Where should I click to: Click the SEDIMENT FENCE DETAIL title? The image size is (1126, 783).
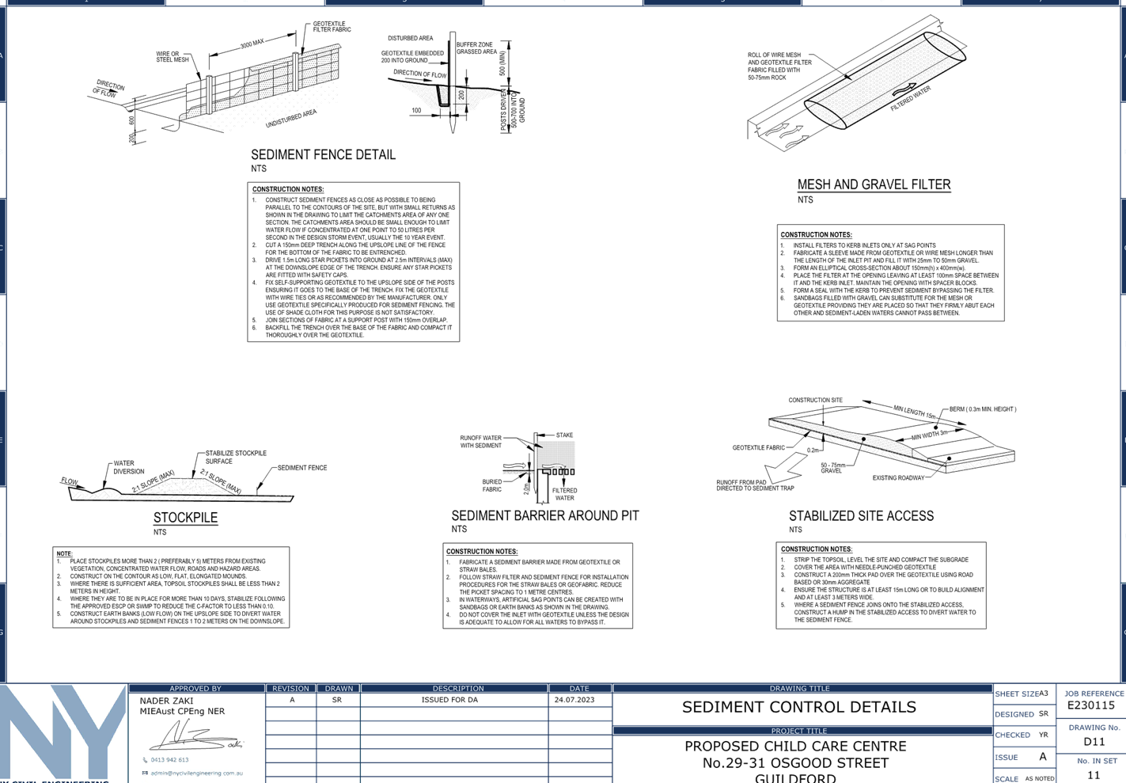pyautogui.click(x=323, y=155)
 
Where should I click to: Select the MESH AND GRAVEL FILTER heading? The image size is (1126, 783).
pyautogui.click(x=874, y=184)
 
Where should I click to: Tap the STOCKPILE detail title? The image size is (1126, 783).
pyautogui.click(x=185, y=518)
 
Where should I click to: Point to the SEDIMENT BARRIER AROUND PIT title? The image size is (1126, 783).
pyautogui.click(x=545, y=515)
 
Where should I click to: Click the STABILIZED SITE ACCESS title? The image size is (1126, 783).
pyautogui.click(x=861, y=516)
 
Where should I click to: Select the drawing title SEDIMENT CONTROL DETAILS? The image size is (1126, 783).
pyautogui.click(x=799, y=707)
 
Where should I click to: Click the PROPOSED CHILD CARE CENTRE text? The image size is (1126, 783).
pyautogui.click(x=796, y=747)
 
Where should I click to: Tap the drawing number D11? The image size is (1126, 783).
pyautogui.click(x=1094, y=742)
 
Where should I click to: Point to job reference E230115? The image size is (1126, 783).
pyautogui.click(x=1091, y=705)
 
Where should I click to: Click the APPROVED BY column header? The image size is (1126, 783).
pyautogui.click(x=195, y=689)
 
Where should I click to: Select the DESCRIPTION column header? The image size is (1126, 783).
pyautogui.click(x=458, y=689)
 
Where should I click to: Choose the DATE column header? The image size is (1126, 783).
pyautogui.click(x=579, y=689)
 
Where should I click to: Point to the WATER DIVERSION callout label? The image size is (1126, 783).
pyautogui.click(x=124, y=467)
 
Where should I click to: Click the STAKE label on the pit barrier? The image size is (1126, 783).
pyautogui.click(x=564, y=435)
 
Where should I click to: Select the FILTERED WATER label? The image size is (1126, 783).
pyautogui.click(x=565, y=494)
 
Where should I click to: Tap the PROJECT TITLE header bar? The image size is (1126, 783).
pyautogui.click(x=799, y=731)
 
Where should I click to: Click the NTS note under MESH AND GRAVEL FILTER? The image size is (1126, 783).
pyautogui.click(x=805, y=200)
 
